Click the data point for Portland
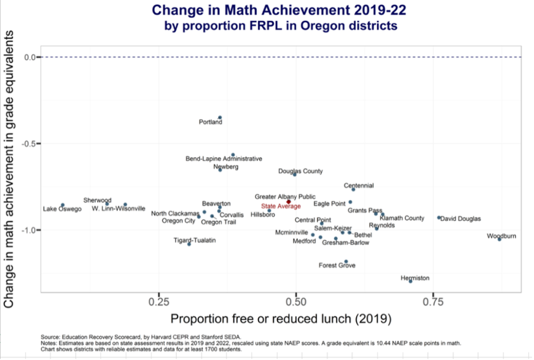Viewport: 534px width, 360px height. [220, 117]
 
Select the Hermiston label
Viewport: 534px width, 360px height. [415, 278]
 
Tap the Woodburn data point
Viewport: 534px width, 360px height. [499, 239]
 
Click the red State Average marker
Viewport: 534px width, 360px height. [288, 201]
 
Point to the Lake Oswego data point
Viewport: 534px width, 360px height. [63, 205]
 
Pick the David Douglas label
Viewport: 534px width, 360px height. [461, 219]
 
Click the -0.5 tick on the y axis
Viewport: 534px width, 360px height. [31, 143]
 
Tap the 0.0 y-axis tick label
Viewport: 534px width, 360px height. [31, 57]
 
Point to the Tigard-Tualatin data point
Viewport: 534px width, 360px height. [189, 244]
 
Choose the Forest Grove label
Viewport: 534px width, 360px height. [337, 266]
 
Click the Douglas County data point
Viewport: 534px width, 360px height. [295, 174]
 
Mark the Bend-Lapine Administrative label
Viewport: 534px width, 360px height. [224, 159]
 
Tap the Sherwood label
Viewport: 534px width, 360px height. [98, 200]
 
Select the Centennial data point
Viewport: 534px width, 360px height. [353, 189]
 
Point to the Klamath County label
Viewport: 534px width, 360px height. [402, 218]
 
